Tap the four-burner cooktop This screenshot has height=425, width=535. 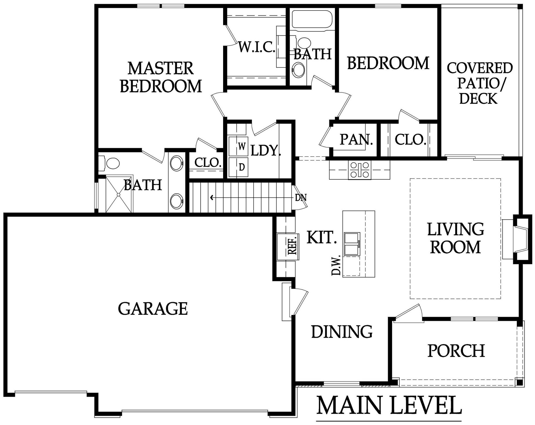(x=360, y=170)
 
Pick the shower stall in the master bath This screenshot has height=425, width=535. (x=119, y=194)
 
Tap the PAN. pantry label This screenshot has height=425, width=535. (x=356, y=140)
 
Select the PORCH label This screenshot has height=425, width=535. (x=456, y=351)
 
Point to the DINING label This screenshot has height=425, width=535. (x=342, y=332)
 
